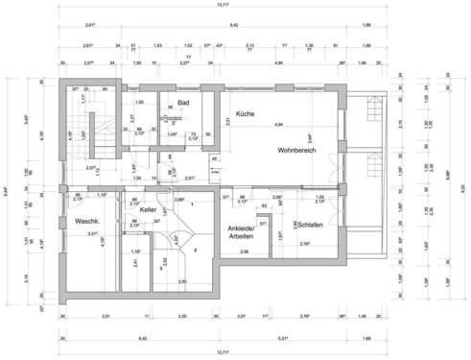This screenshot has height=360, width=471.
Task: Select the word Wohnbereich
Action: [x=297, y=151]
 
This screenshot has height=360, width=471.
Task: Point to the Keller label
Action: [x=148, y=209]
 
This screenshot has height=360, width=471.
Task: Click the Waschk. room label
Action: [x=88, y=221]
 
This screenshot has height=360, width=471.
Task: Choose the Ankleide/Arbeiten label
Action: [x=240, y=231]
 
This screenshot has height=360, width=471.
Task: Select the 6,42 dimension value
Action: [x=142, y=339]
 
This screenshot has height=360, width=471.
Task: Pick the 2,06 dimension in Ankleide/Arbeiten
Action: [x=245, y=252]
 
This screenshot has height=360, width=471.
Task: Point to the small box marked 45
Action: [x=215, y=157]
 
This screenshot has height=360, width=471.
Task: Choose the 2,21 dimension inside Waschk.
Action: [x=93, y=234]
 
